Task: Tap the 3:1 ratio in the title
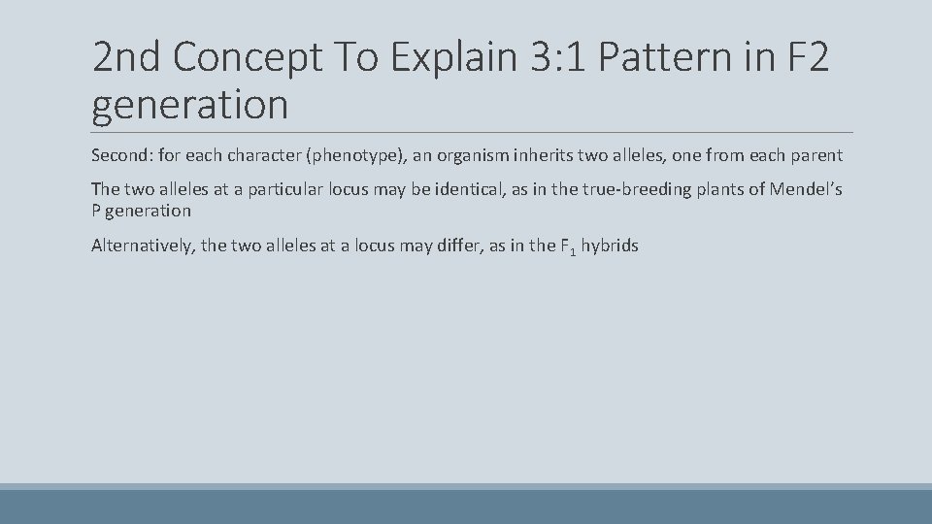pyautogui.click(x=555, y=59)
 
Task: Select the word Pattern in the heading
pyautogui.click(x=672, y=59)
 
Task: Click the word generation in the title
pyautogui.click(x=189, y=104)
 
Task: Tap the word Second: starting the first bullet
pyautogui.click(x=121, y=155)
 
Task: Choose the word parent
pyautogui.click(x=815, y=155)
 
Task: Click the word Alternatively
pyautogui.click(x=144, y=246)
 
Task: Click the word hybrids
pyautogui.click(x=610, y=246)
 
